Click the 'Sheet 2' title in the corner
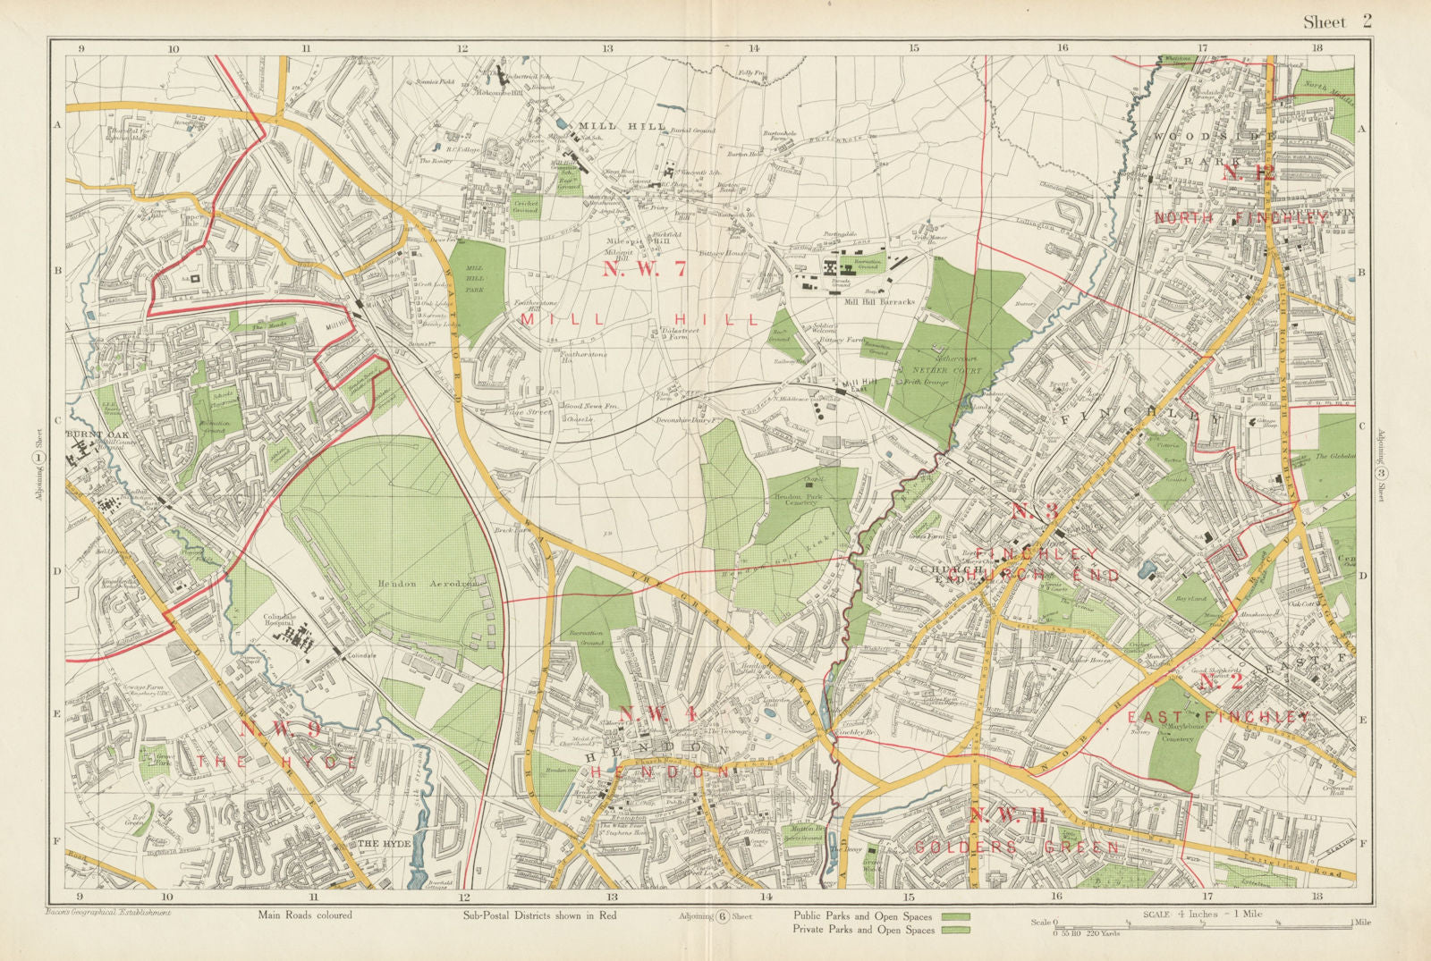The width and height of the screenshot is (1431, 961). point(1336,21)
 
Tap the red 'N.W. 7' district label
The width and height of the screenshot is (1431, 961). point(643,269)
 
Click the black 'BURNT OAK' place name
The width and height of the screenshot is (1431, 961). point(93,437)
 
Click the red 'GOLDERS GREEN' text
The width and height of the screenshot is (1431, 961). point(1017,847)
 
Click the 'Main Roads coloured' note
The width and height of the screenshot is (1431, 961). point(305,915)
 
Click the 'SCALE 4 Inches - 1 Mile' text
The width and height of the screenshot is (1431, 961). point(1203,914)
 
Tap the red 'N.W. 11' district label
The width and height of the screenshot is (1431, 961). point(1008,813)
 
